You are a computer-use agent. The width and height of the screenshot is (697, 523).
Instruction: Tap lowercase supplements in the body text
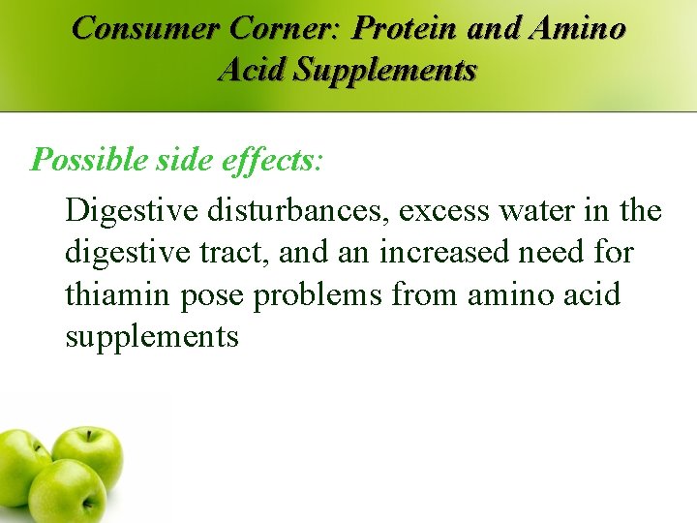pyautogui.click(x=152, y=337)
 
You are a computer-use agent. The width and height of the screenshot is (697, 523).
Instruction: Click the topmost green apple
pyautogui.click(x=88, y=456)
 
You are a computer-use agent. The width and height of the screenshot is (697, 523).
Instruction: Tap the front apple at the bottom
pyautogui.click(x=68, y=494)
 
